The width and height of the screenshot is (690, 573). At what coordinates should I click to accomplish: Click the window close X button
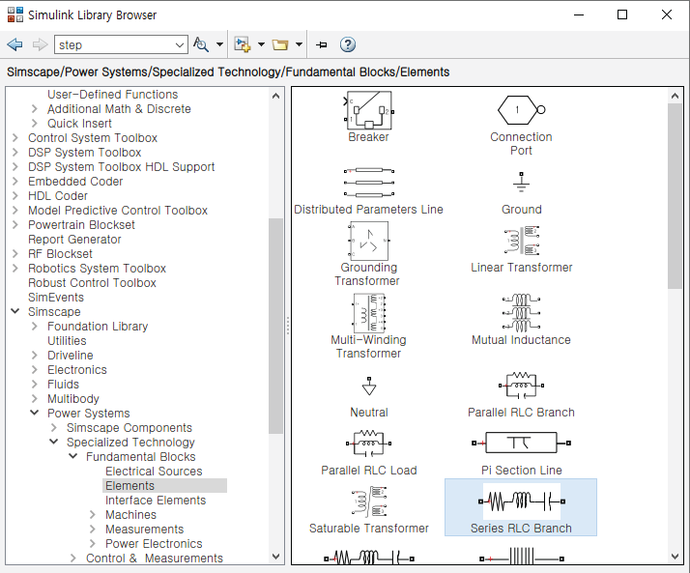click(666, 14)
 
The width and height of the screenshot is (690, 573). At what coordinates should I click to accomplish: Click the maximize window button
click(622, 14)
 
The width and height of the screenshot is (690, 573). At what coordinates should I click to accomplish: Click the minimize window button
click(578, 14)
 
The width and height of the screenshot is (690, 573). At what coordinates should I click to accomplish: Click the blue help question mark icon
click(348, 44)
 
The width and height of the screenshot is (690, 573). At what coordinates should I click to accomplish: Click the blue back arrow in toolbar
click(14, 44)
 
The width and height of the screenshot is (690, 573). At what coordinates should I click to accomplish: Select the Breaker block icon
click(368, 110)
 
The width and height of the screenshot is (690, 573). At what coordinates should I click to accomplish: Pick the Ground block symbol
click(521, 183)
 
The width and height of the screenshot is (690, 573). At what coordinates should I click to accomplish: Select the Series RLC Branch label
click(521, 529)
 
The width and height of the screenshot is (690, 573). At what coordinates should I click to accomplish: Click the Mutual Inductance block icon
click(521, 313)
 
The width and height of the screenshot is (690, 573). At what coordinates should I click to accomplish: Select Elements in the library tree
click(129, 486)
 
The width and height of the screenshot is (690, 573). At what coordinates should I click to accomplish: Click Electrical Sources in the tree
click(154, 472)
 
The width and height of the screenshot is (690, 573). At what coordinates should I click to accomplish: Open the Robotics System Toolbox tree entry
click(97, 269)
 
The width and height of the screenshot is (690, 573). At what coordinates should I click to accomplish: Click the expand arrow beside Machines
click(93, 515)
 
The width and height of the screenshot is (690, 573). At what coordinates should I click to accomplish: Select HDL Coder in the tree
click(58, 196)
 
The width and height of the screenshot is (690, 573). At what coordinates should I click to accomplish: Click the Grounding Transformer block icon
click(368, 241)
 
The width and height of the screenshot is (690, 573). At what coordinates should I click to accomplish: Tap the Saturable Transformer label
click(368, 529)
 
